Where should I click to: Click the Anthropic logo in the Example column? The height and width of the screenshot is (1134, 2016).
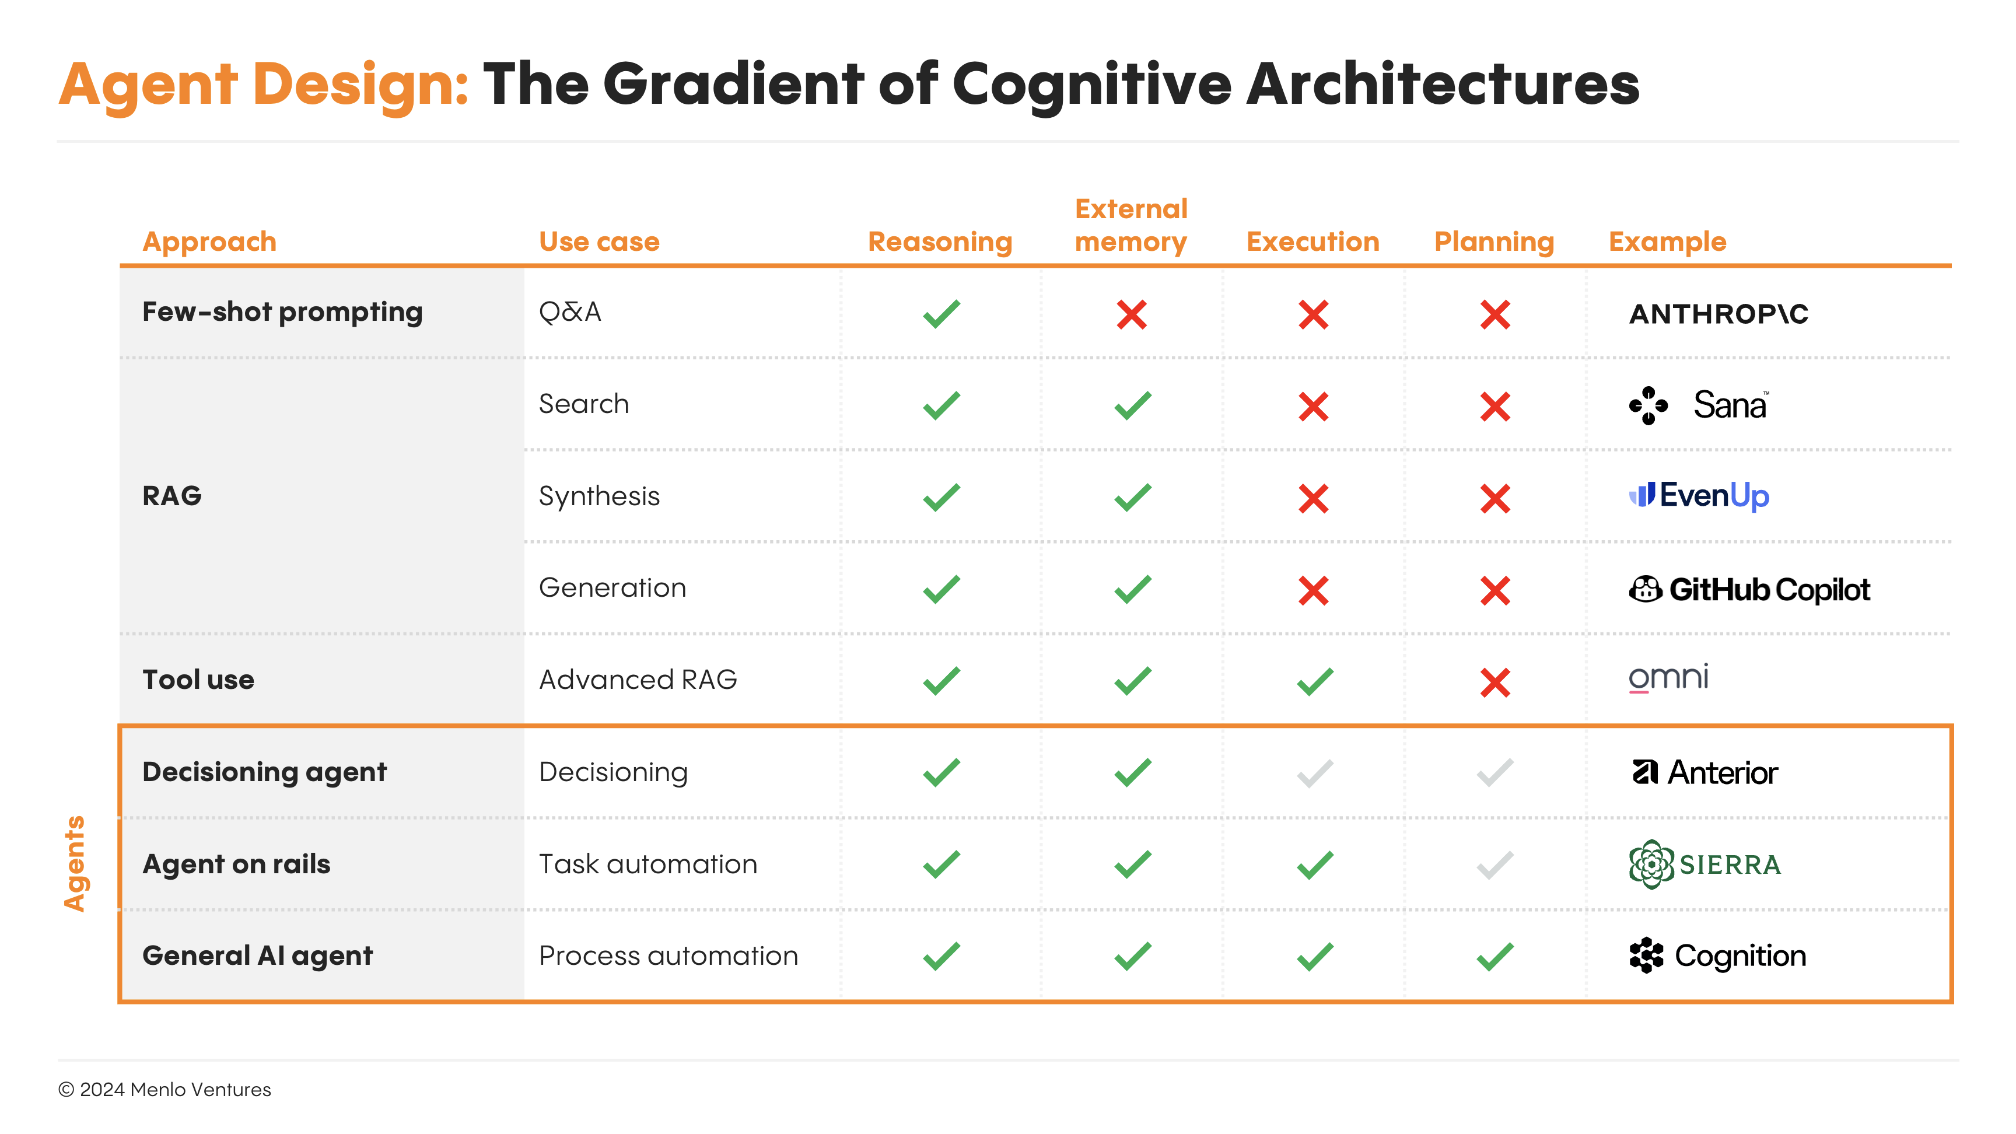pyautogui.click(x=1718, y=314)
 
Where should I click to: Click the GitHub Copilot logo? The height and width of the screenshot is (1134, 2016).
pyautogui.click(x=1749, y=589)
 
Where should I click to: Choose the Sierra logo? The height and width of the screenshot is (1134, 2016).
pyautogui.click(x=1704, y=864)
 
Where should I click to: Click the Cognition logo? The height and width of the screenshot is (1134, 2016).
pyautogui.click(x=1717, y=956)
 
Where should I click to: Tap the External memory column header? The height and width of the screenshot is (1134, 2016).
pyautogui.click(x=1131, y=225)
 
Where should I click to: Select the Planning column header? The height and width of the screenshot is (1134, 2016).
pyautogui.click(x=1494, y=242)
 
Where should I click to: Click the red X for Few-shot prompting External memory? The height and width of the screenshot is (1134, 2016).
pyautogui.click(x=1132, y=314)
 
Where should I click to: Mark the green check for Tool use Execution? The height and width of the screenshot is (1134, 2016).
pyautogui.click(x=1315, y=681)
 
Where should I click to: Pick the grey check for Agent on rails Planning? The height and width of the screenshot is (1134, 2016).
pyautogui.click(x=1494, y=864)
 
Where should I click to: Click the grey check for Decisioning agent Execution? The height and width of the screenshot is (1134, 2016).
pyautogui.click(x=1315, y=773)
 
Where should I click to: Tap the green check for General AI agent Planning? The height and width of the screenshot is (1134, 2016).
pyautogui.click(x=1494, y=956)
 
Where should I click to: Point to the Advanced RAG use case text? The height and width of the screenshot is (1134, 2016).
pyautogui.click(x=638, y=680)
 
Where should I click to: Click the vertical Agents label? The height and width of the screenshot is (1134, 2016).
pyautogui.click(x=74, y=863)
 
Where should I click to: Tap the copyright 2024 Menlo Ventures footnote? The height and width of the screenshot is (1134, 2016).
pyautogui.click(x=164, y=1090)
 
